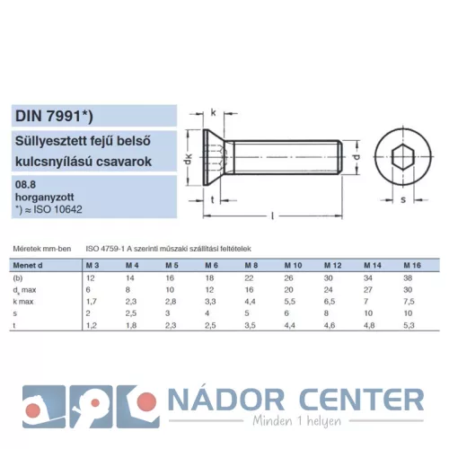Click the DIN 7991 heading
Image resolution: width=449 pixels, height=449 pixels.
(x=54, y=116)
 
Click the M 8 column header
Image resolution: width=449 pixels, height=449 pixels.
(x=251, y=266)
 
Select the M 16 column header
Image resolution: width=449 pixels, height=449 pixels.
(x=412, y=266)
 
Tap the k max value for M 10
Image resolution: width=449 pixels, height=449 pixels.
(x=289, y=302)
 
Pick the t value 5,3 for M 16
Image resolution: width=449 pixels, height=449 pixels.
(x=409, y=325)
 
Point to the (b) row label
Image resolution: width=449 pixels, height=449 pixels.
(x=18, y=278)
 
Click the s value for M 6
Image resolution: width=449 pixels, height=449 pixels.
(x=207, y=313)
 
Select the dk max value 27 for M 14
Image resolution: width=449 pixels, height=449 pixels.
(x=368, y=290)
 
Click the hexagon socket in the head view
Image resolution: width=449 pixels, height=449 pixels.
(x=403, y=157)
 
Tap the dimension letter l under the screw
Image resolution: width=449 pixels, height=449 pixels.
(x=272, y=216)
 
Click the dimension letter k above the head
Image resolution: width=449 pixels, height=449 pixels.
(x=213, y=113)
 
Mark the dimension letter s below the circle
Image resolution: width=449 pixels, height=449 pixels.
(x=403, y=199)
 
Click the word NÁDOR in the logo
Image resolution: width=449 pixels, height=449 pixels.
(x=226, y=400)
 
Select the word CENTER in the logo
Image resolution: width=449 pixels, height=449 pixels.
(x=362, y=400)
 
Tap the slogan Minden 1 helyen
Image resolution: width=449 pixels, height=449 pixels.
(x=297, y=421)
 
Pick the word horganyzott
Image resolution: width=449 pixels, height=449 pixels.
(x=44, y=198)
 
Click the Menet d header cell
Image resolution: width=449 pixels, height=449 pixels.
(x=28, y=266)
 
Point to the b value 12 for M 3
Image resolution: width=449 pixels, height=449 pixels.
(x=90, y=278)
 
